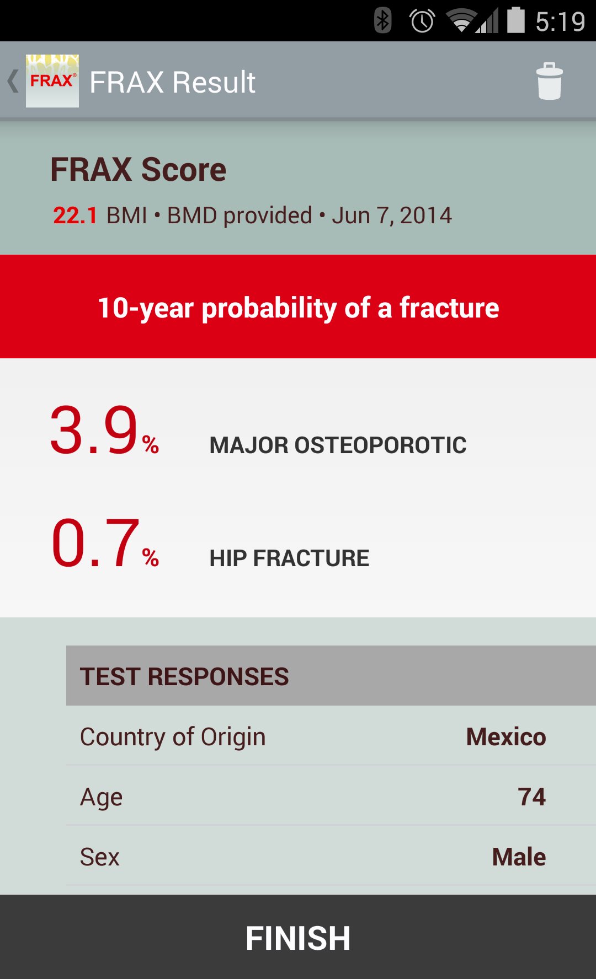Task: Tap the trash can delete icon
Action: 549,81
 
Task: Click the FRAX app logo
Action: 52,81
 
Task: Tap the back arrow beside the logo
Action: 13,81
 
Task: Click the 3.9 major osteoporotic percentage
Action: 104,430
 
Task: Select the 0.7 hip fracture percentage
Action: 104,543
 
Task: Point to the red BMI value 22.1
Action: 75,216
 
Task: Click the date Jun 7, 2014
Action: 392,216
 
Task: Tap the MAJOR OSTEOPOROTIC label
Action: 338,445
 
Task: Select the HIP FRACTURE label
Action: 289,558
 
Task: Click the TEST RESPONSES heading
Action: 184,676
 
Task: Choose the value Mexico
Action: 506,737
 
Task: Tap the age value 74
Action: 532,797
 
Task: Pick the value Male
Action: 519,857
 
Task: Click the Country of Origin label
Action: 173,738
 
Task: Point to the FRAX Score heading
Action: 139,169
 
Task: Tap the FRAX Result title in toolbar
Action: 173,82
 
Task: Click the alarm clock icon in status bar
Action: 422,21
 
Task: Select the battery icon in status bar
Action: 516,20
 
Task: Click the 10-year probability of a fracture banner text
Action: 298,308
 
